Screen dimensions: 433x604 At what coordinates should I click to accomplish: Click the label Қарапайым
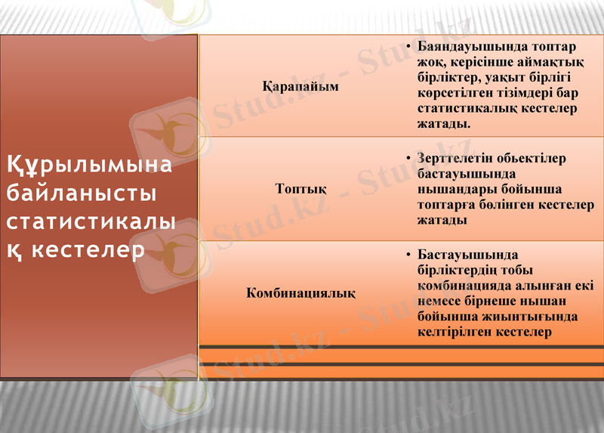pyautogui.click(x=300, y=86)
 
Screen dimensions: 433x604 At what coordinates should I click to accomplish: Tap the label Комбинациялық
pyautogui.click(x=300, y=292)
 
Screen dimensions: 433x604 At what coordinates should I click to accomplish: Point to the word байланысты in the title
pyautogui.click(x=81, y=193)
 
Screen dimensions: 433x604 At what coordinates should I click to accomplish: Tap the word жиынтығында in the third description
pyautogui.click(x=538, y=316)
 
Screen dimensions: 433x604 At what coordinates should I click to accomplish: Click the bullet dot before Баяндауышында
pyautogui.click(x=407, y=47)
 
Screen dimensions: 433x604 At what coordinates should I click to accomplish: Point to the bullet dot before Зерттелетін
pyautogui.click(x=407, y=159)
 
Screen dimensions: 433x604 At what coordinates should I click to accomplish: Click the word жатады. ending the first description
pyautogui.click(x=443, y=124)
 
